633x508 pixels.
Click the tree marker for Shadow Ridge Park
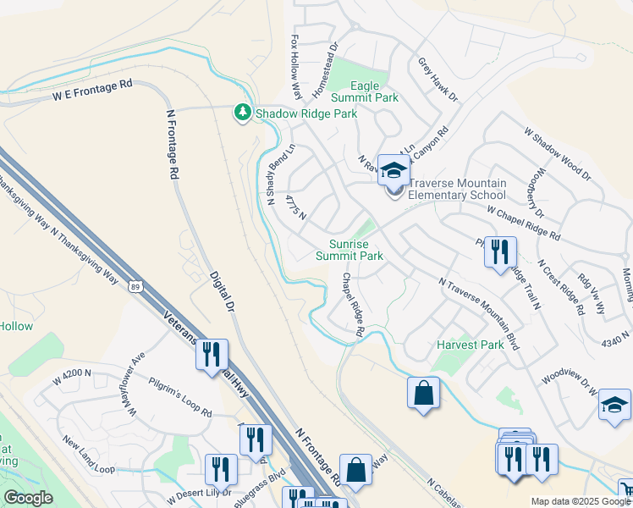point(243,113)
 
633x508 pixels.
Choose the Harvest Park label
point(470,345)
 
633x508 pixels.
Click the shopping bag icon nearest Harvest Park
point(423,394)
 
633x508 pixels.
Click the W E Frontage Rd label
point(92,90)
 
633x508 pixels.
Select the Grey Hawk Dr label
point(438,80)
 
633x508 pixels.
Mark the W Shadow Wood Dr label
point(557,154)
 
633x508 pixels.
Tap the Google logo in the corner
point(28,498)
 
